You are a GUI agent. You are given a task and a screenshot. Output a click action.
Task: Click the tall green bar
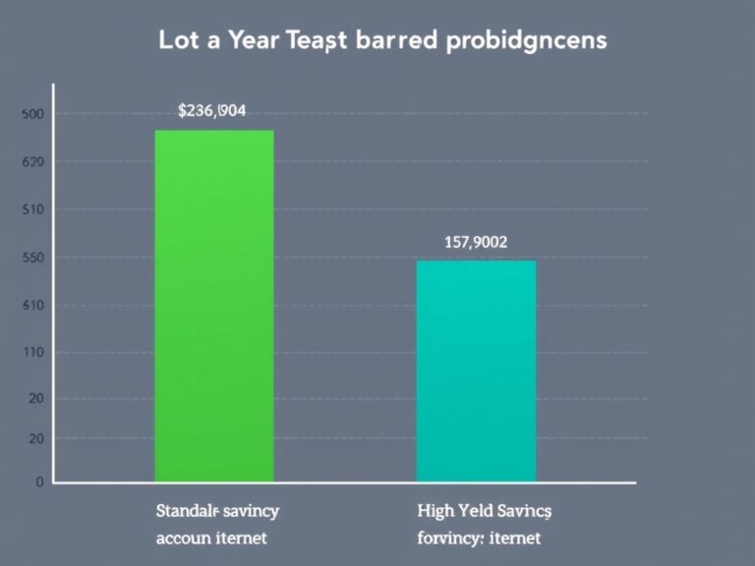[x=214, y=305]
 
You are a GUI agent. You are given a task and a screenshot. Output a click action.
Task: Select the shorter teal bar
[x=477, y=370]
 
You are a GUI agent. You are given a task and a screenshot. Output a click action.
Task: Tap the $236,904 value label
[x=212, y=112]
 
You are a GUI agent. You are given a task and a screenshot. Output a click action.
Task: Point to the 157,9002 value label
[x=476, y=242]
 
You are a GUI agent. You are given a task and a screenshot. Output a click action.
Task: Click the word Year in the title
[x=253, y=41]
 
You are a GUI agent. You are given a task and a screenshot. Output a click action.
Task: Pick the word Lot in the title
[x=179, y=41]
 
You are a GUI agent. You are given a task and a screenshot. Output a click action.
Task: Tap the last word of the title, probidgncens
[x=528, y=42]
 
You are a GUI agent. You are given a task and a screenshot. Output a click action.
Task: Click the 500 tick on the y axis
[x=31, y=115]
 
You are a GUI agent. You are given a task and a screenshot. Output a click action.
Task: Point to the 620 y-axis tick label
[x=31, y=162]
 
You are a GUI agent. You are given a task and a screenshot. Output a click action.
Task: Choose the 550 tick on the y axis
[x=31, y=257]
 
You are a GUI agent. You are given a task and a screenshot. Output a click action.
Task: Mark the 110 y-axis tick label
[x=31, y=352]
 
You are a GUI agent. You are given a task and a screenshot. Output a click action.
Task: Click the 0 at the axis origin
[x=40, y=483]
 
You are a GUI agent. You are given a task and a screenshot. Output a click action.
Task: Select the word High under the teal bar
[x=436, y=512]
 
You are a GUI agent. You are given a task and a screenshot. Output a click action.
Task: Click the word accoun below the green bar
[x=184, y=539]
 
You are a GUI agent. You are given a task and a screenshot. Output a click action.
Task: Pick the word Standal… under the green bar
[x=189, y=512]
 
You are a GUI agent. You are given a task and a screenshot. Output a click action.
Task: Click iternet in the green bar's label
[x=243, y=539]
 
